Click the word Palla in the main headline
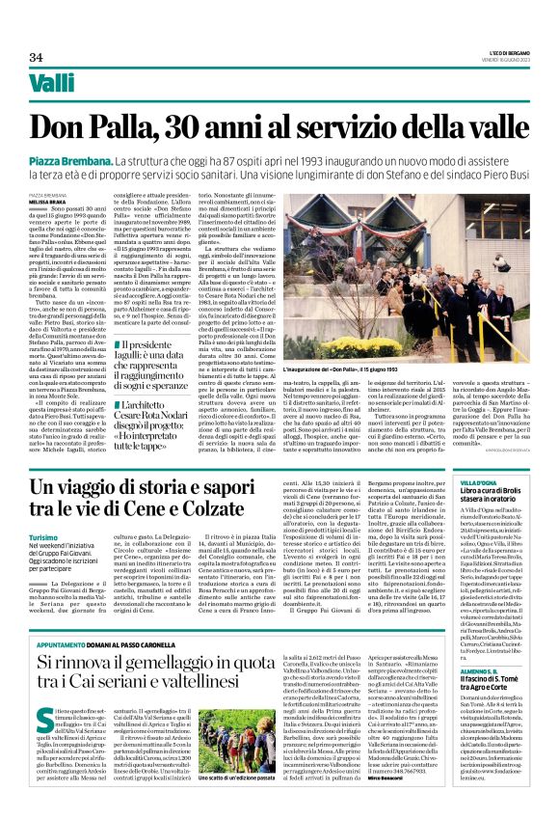156,126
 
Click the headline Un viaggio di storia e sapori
228,497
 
